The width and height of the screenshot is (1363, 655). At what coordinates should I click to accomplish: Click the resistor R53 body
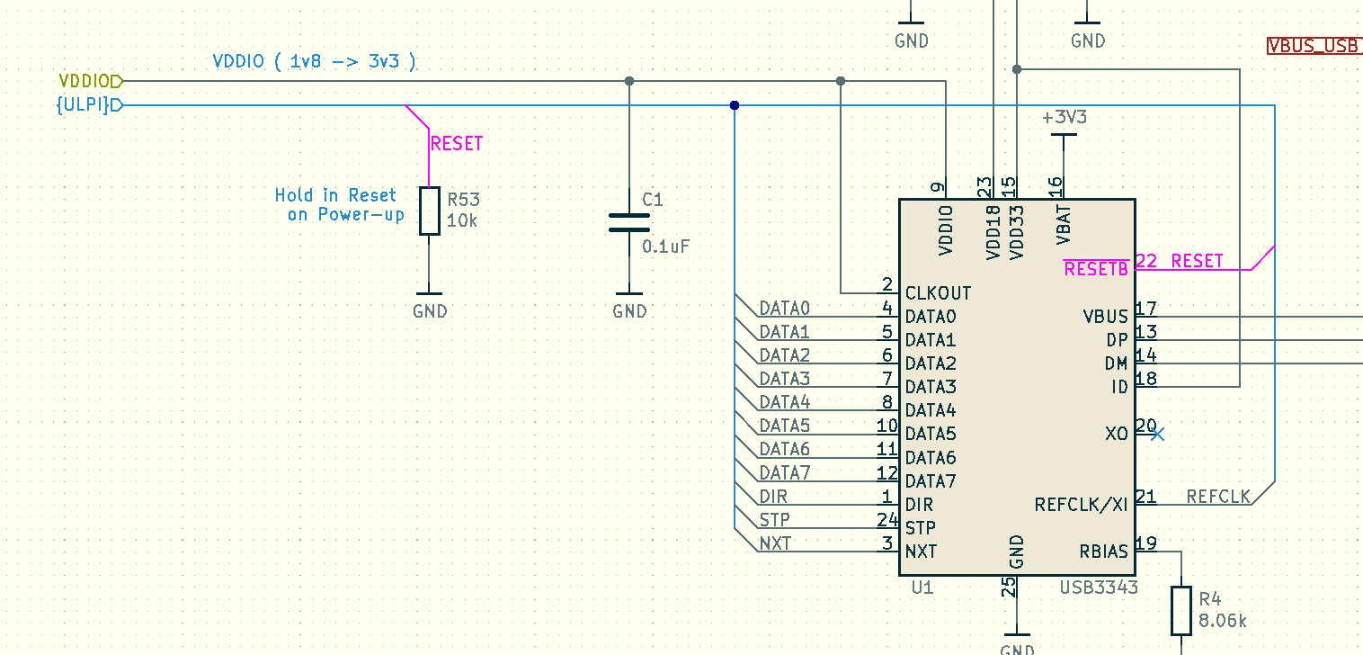coord(430,211)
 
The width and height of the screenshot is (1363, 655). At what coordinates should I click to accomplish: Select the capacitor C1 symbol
coord(629,222)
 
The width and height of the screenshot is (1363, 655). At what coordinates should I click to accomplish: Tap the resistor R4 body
coord(1181,610)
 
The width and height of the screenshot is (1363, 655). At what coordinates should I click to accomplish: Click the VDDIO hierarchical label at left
coord(88,81)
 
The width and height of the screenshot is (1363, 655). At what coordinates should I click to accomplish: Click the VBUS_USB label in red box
coord(1314,46)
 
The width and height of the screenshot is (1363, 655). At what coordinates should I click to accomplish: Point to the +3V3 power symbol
coord(1064,118)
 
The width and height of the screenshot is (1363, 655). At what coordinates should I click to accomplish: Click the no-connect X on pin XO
coord(1157,435)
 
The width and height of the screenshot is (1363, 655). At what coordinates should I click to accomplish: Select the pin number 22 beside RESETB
coord(1145,261)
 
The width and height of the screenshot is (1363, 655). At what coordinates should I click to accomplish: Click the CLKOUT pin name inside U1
coord(938,293)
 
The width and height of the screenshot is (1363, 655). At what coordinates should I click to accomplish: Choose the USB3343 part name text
coord(1099,588)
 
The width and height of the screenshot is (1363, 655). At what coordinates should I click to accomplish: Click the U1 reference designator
coord(922,588)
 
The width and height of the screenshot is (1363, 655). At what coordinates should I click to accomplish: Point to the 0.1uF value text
coord(665,246)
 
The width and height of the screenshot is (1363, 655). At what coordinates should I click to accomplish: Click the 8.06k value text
coord(1223,621)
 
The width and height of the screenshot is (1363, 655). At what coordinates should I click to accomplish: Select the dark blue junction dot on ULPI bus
coord(735,105)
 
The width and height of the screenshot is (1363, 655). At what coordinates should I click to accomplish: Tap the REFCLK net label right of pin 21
coord(1218,497)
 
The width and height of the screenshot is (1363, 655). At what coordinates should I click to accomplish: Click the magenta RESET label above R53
coord(457,144)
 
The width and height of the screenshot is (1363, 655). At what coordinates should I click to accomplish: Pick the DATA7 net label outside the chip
coord(784,472)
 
